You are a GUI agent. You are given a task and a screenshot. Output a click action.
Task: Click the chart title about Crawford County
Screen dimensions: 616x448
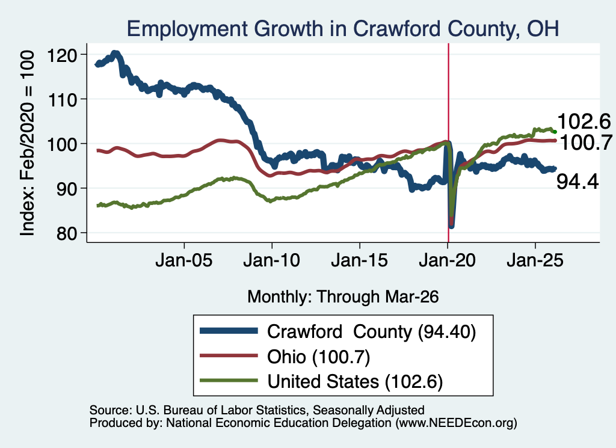point(342,29)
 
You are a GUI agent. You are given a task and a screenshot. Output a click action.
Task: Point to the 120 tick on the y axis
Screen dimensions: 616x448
point(62,55)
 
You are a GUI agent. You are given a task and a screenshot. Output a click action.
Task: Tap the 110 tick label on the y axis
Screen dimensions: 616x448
point(62,100)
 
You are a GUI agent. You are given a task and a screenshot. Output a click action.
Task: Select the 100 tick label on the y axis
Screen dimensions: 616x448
point(62,144)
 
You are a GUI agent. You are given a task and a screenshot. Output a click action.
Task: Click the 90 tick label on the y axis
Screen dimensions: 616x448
point(66,189)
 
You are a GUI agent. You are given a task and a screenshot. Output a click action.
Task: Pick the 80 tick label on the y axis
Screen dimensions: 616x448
point(66,233)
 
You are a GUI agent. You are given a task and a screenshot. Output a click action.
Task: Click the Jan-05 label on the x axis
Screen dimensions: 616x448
point(184,260)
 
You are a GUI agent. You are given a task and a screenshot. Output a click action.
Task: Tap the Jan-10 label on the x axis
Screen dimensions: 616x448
point(271,260)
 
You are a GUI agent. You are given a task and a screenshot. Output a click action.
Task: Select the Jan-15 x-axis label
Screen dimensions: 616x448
point(360,260)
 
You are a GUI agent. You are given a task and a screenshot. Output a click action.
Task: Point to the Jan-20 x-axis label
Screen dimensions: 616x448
point(447,260)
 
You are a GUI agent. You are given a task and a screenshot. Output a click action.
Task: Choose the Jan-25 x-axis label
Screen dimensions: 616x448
point(535,260)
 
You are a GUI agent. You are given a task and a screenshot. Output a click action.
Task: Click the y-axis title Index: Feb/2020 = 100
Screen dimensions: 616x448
point(27,143)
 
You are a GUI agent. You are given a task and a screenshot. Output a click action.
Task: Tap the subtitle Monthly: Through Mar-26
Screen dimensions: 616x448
point(343,297)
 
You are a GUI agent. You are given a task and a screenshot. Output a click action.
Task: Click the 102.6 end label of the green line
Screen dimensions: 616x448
point(584,121)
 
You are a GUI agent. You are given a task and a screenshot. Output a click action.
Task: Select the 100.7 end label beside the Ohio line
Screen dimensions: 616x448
point(585,142)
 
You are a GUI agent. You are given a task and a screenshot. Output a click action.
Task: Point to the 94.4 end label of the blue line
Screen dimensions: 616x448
point(577,182)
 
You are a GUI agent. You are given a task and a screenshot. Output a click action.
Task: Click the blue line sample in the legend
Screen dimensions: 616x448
point(229,331)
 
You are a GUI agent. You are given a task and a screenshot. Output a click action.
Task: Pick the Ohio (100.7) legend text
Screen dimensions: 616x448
point(319,357)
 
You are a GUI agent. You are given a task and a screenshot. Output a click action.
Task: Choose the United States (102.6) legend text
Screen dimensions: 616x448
point(355,381)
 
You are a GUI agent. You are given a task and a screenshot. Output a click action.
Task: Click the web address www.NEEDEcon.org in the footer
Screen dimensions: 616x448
point(456,423)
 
